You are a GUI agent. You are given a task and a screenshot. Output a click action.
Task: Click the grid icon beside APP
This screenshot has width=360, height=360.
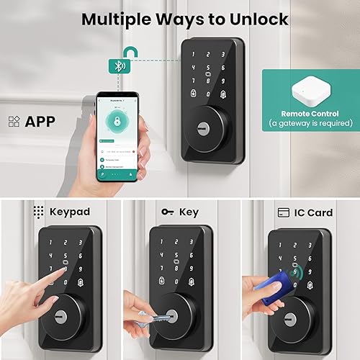14,121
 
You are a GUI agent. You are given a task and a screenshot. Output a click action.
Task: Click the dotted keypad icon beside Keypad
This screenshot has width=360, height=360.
38,212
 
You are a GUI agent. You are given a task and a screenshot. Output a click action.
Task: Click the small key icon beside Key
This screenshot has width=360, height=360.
168,212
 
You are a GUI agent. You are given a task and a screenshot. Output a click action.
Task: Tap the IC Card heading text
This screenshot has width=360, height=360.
314,212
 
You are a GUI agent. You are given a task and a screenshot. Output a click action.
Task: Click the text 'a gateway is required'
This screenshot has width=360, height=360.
309,124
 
